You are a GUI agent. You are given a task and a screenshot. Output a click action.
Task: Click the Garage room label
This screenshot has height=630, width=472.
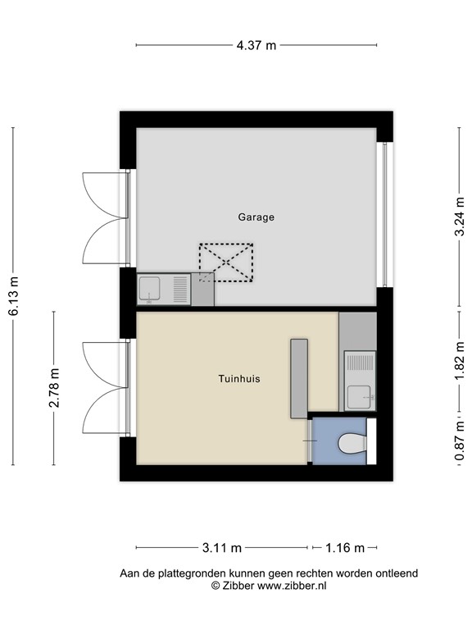coord(256,217)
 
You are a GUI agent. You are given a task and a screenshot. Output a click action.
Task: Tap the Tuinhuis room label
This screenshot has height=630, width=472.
coord(239,378)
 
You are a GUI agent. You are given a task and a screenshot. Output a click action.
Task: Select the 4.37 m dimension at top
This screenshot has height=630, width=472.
coord(256,45)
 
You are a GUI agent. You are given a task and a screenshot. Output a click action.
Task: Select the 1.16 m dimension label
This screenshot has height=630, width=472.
coord(344,547)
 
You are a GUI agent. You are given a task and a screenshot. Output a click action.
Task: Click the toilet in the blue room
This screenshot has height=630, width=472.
coord(352,443)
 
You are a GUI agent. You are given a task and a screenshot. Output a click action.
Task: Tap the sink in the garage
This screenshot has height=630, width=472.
coord(151,289)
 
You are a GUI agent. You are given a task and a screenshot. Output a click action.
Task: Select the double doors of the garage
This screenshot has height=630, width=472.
coord(105,218)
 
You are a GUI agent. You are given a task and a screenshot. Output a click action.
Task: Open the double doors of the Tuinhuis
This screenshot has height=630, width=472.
coord(105,388)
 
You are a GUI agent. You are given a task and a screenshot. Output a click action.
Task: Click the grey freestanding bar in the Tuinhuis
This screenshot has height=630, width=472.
coord(298,379)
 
